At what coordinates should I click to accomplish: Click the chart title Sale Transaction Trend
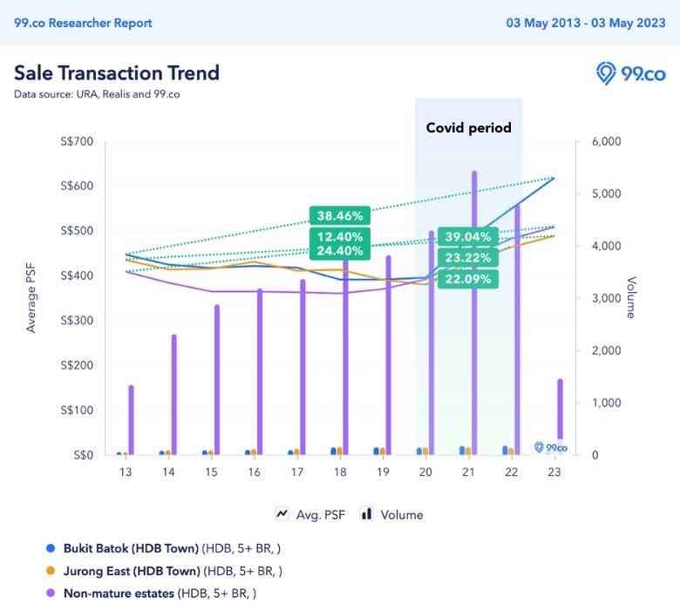117,72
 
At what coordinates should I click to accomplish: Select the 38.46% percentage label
339,215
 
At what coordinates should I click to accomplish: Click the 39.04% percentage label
467,237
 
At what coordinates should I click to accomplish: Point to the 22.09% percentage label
467,279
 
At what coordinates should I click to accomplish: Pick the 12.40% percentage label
339,236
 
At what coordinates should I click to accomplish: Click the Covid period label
468,127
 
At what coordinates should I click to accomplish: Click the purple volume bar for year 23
560,410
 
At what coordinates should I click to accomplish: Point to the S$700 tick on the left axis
73,141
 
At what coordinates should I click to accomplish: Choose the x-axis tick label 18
340,472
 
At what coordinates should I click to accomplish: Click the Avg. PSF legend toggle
310,514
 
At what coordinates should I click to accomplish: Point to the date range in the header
586,23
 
